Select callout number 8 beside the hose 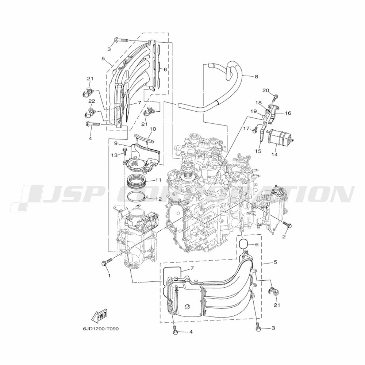coord(256,76)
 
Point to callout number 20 coord(266,90)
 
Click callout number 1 coord(109,276)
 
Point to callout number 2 coord(284,237)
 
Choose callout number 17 coord(246,128)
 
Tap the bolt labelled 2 coord(287,224)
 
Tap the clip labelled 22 coord(89,112)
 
